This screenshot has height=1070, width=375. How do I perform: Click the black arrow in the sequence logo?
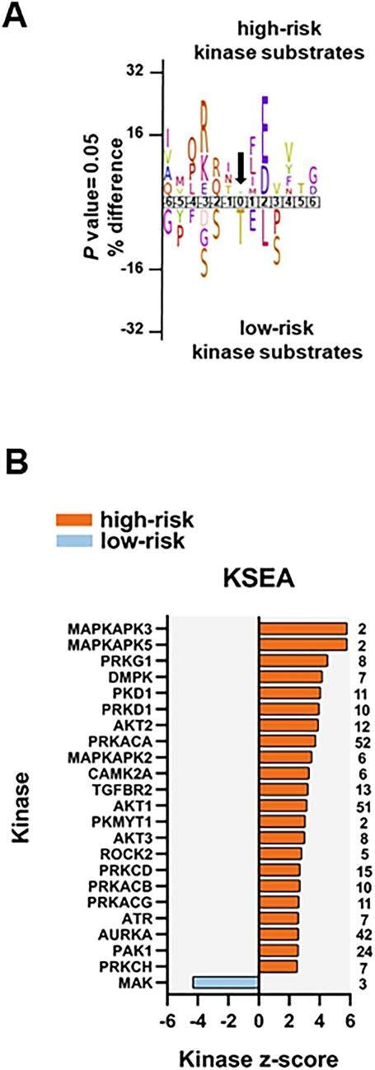pos(240,167)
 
